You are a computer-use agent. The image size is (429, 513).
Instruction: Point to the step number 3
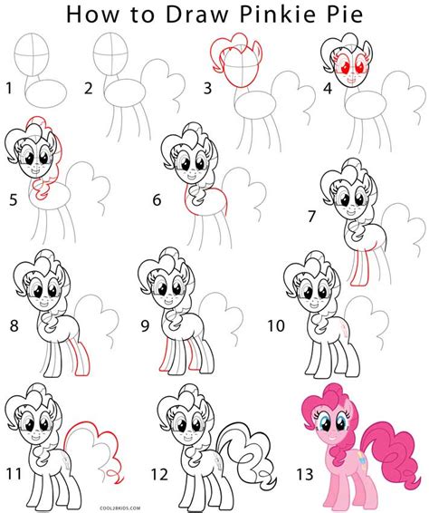(207, 89)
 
